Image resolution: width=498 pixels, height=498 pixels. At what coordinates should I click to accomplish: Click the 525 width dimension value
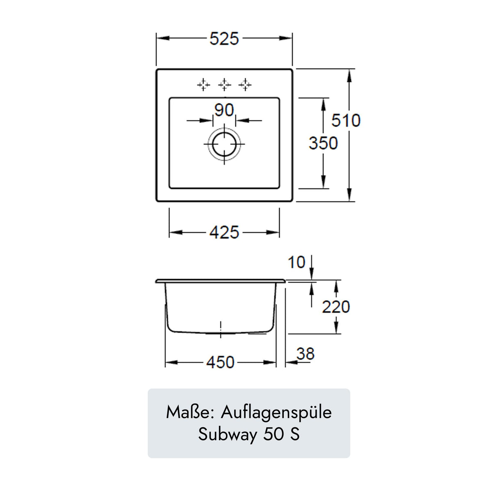(x=224, y=39)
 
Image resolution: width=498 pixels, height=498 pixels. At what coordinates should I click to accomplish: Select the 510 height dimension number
(x=346, y=121)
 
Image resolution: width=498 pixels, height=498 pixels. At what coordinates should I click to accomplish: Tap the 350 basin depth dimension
(x=323, y=143)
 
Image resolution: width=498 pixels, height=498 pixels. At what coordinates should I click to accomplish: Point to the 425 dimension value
(x=224, y=233)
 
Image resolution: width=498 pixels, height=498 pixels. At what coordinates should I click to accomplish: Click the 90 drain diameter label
(x=224, y=110)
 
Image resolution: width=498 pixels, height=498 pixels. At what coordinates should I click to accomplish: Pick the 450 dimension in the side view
(x=220, y=362)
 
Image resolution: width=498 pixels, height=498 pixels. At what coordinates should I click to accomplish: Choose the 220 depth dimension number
(x=336, y=307)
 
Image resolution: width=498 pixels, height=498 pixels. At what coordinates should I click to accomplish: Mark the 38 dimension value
(x=306, y=354)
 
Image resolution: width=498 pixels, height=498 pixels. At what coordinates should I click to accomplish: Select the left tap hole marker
(x=203, y=85)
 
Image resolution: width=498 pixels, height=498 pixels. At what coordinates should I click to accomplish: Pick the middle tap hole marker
(x=224, y=85)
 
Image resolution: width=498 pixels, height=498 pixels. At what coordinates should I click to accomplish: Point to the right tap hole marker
(x=245, y=85)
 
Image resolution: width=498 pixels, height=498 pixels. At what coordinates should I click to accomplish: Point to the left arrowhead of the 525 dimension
(x=160, y=38)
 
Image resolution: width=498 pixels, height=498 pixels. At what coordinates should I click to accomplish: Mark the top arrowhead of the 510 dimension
(x=349, y=73)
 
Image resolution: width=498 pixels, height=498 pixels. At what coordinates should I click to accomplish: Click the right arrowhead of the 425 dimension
(x=276, y=233)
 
